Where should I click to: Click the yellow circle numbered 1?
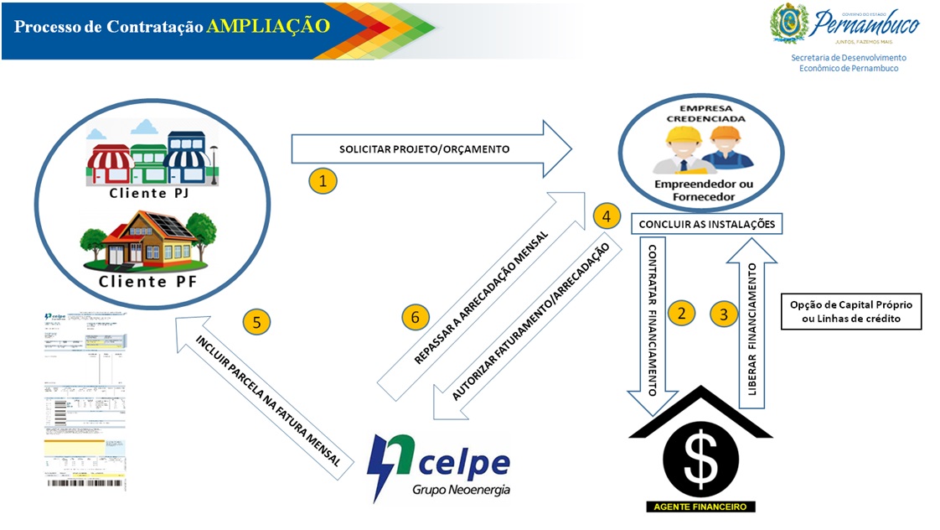pos(323,180)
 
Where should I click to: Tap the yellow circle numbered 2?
pos(681,314)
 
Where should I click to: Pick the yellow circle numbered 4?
pos(606,216)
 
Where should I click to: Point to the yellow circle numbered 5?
pos(256,320)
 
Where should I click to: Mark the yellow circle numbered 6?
pos(415,317)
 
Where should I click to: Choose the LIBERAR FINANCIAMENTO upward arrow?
pos(751,323)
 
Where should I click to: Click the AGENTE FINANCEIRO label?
pos(700,507)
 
